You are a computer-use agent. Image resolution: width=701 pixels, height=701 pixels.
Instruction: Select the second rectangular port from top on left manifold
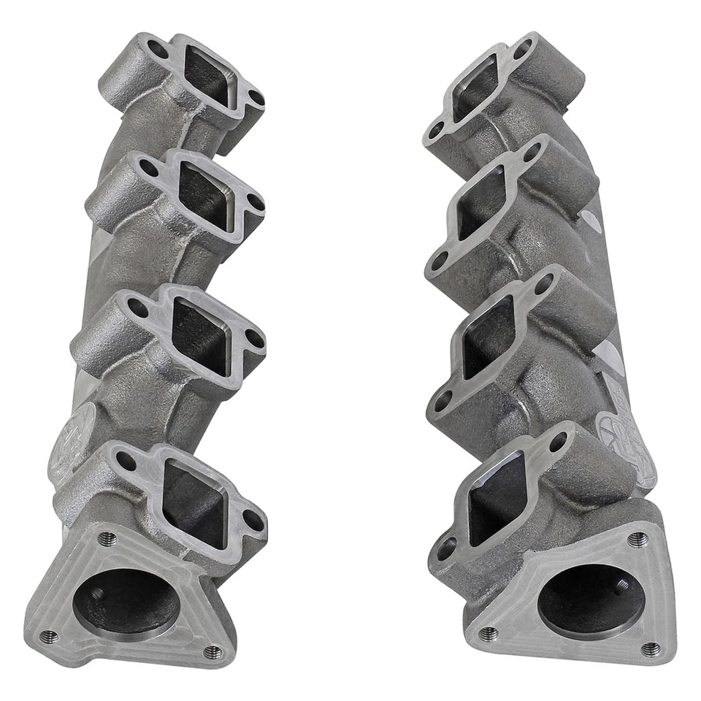click(207, 194)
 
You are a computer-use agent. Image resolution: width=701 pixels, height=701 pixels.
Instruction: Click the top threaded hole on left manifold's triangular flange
click(107, 538)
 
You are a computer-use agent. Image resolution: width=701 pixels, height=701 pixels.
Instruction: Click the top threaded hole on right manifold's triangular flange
click(637, 540)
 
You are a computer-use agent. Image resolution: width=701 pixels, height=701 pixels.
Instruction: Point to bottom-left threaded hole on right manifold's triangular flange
click(489, 633)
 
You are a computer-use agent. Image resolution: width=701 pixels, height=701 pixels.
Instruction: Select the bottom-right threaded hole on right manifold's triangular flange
click(649, 648)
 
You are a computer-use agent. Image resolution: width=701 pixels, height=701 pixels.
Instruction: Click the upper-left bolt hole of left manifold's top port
click(156, 49)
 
